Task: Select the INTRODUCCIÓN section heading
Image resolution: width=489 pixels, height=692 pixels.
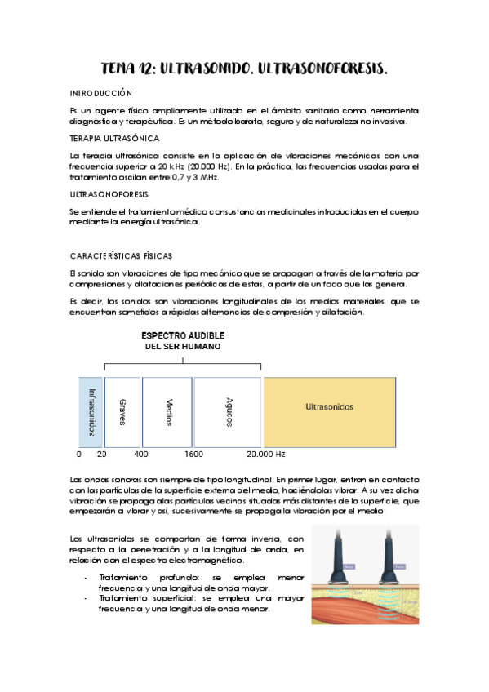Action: pyautogui.click(x=101, y=94)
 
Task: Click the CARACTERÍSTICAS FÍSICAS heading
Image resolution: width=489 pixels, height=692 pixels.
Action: pyautogui.click(x=121, y=256)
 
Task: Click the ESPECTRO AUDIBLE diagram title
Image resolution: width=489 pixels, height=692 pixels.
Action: pyautogui.click(x=183, y=335)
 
